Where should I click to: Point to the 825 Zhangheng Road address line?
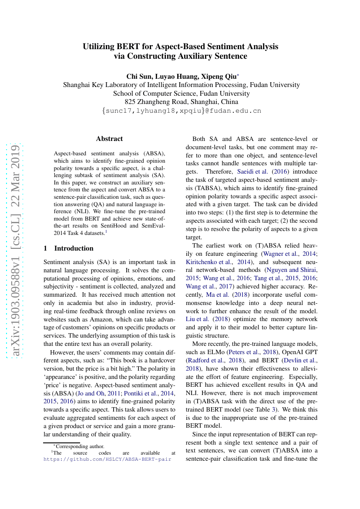click(x=182, y=101)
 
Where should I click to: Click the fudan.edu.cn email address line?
click(x=182, y=111)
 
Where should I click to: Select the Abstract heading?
click(x=109, y=139)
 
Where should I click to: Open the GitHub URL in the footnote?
click(x=107, y=459)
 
